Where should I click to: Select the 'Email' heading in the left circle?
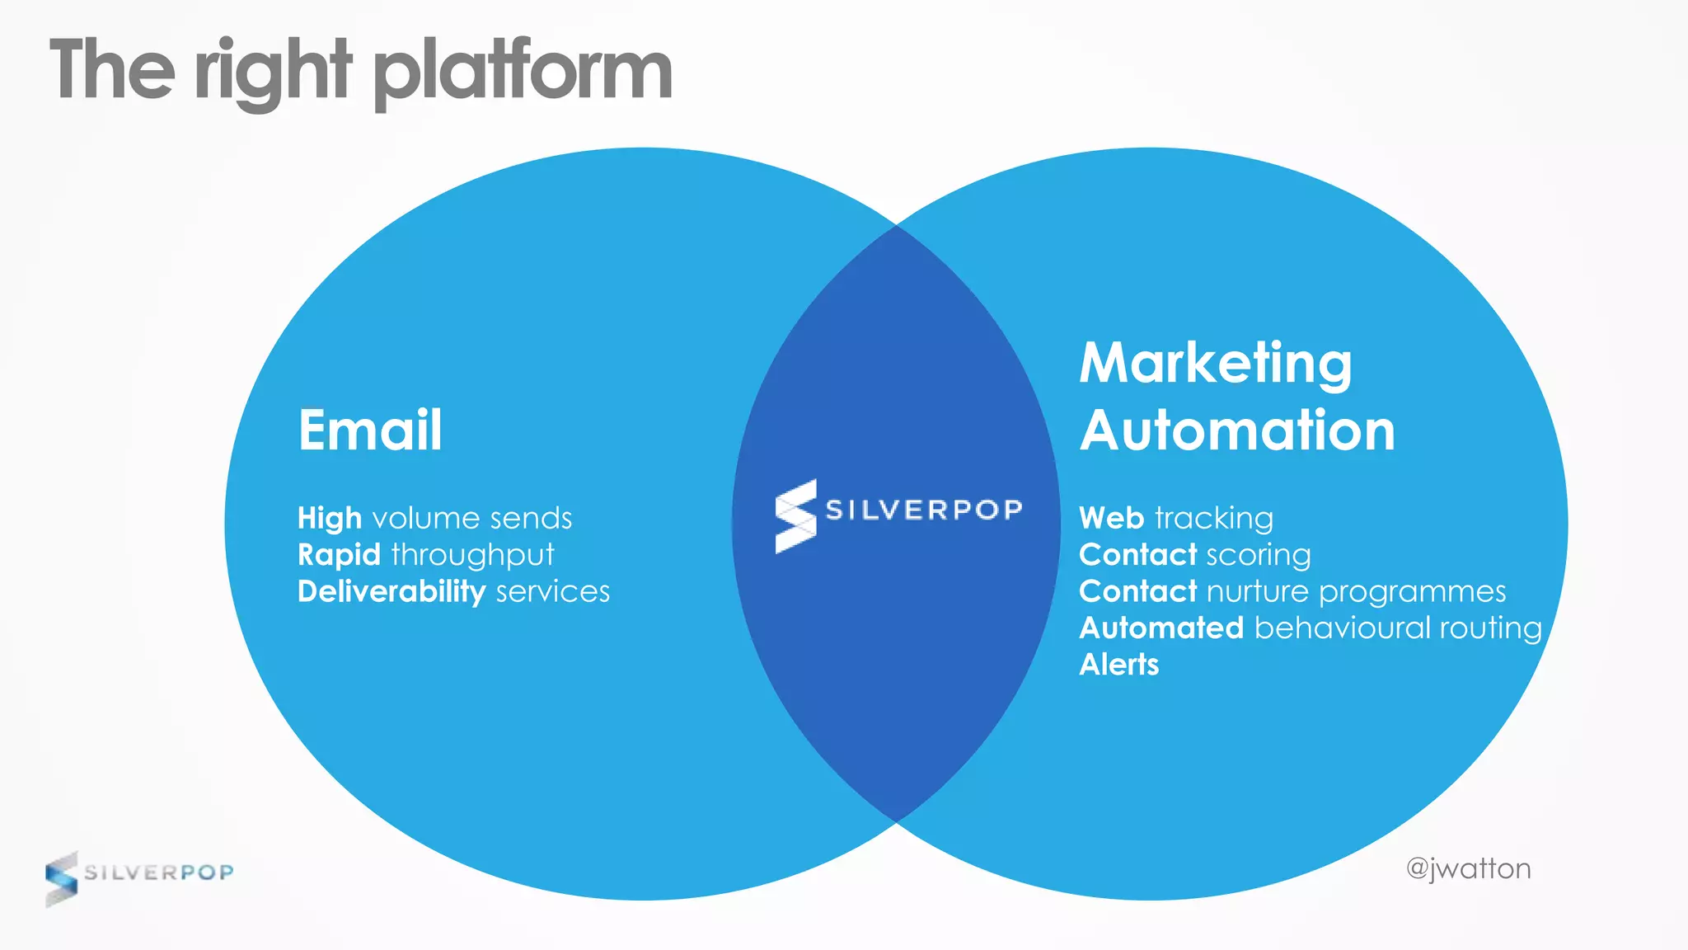pyautogui.click(x=370, y=430)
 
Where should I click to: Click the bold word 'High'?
pyautogui.click(x=330, y=519)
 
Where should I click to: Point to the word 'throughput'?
pyautogui.click(x=472, y=556)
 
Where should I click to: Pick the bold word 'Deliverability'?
pyautogui.click(x=392, y=592)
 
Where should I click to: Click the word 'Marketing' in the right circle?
pyautogui.click(x=1216, y=364)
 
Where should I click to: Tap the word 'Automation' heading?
pyautogui.click(x=1237, y=431)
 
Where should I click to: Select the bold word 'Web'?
pyautogui.click(x=1111, y=519)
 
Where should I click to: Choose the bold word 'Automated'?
pyautogui.click(x=1161, y=628)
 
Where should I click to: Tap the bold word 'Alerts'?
pyautogui.click(x=1118, y=665)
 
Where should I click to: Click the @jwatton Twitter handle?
pyautogui.click(x=1468, y=869)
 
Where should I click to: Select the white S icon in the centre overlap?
pyautogui.click(x=795, y=516)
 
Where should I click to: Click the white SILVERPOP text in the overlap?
pyautogui.click(x=924, y=510)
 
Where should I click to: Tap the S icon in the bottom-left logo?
pyautogui.click(x=61, y=879)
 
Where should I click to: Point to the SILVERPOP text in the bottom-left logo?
pyautogui.click(x=159, y=872)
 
